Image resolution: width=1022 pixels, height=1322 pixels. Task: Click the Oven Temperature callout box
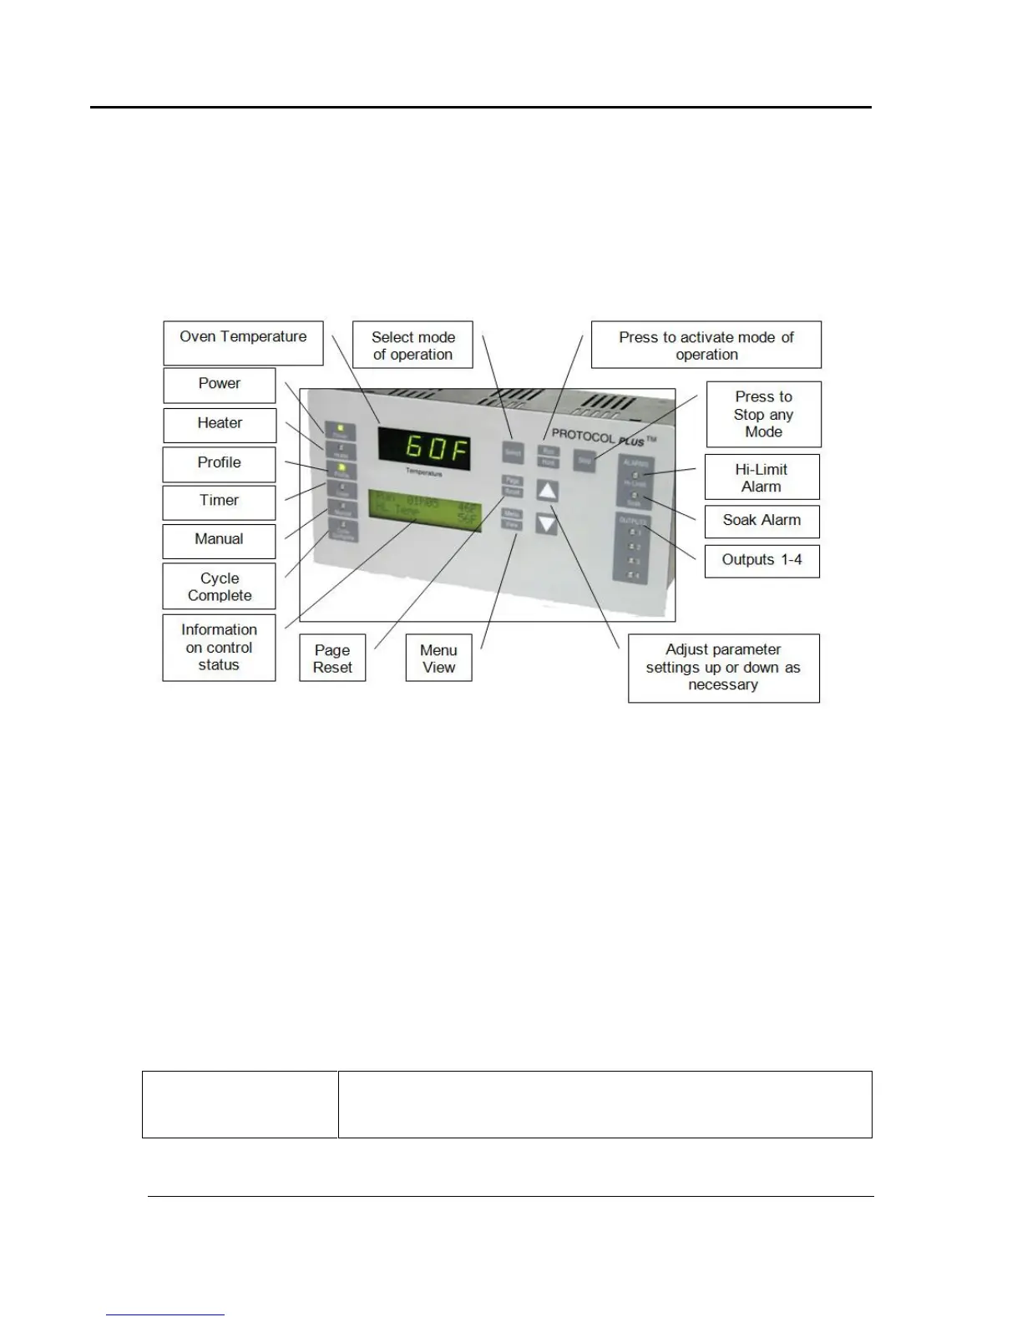click(x=243, y=342)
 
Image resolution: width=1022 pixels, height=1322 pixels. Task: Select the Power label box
click(x=219, y=385)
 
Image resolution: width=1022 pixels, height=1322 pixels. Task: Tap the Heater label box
click(x=219, y=424)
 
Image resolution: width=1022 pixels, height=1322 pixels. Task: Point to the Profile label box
click(x=219, y=463)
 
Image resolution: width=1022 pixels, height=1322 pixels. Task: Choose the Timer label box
click(x=219, y=502)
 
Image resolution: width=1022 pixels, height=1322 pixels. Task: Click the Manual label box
click(x=219, y=540)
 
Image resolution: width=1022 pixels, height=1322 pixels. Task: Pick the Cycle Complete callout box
click(x=219, y=586)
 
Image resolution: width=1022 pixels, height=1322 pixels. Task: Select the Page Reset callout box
click(x=332, y=658)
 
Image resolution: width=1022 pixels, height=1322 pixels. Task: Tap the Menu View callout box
click(x=438, y=658)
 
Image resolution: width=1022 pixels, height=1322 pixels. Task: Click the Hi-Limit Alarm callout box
click(x=761, y=477)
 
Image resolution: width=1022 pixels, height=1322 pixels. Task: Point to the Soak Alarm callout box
click(x=761, y=521)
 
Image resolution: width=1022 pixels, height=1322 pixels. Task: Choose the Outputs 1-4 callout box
click(x=761, y=561)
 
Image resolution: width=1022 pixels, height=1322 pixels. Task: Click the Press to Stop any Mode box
click(x=763, y=414)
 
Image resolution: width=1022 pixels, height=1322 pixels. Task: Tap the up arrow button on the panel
click(x=546, y=491)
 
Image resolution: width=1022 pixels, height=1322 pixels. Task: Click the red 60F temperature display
click(x=425, y=449)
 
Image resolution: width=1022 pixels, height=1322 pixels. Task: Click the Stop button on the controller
click(x=584, y=460)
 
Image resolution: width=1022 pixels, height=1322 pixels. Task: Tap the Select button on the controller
click(x=512, y=452)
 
